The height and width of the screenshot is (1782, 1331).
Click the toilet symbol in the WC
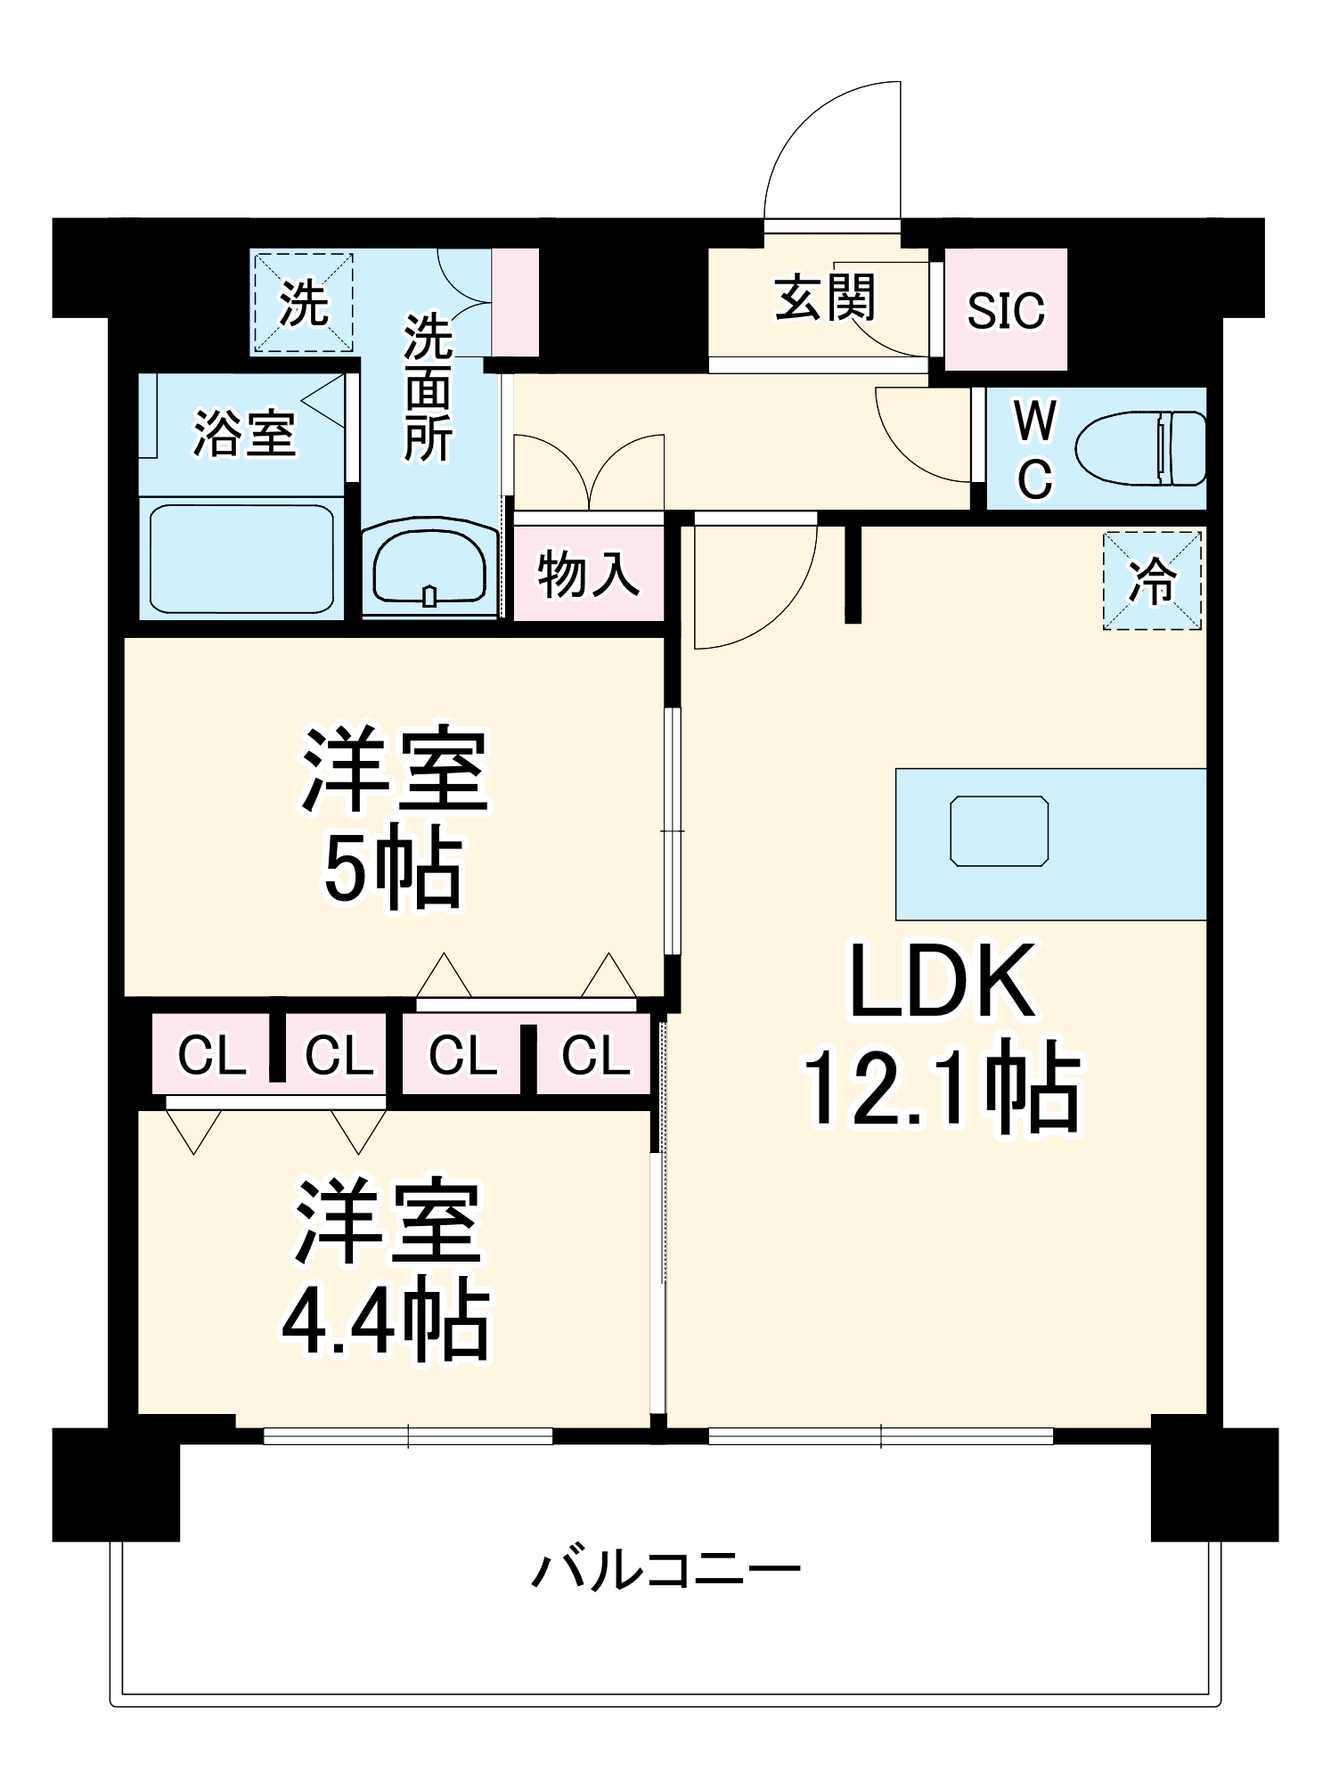(x=1140, y=448)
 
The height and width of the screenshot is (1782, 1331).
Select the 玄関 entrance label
(x=824, y=298)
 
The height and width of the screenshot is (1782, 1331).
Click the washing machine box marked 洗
(x=304, y=303)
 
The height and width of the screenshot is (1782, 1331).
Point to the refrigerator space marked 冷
(x=1152, y=581)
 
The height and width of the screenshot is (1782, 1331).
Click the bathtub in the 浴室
(x=241, y=559)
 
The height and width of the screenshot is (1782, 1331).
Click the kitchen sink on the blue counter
(x=999, y=830)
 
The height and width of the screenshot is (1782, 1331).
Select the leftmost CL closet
(x=212, y=1055)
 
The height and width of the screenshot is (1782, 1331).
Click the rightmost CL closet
(x=594, y=1055)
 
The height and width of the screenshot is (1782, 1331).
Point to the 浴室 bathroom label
(x=244, y=434)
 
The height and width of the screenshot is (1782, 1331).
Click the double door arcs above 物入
(x=588, y=472)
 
